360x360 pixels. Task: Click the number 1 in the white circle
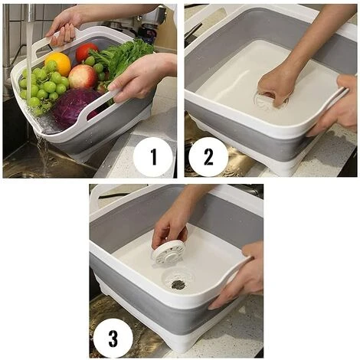pos(152,157)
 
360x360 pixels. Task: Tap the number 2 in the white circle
pos(208,157)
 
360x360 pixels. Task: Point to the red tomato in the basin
pos(86,51)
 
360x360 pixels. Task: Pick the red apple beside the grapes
pos(82,76)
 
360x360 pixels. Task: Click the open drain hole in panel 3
pos(178,284)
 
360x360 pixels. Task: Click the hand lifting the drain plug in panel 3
pos(170,222)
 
